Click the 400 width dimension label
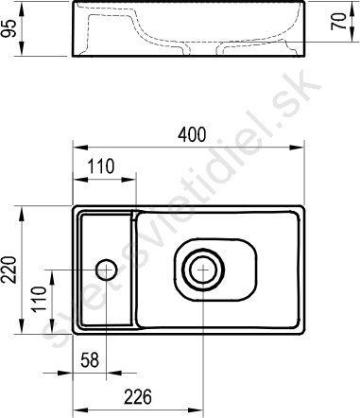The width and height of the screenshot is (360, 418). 192,134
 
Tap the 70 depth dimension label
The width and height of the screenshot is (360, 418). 338,21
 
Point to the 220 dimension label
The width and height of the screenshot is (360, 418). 9,270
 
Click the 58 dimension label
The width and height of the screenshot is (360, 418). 90,360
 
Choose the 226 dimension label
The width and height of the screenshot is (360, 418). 138,397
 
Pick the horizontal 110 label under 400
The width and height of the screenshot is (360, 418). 101,166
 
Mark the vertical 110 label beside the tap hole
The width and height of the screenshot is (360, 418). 40,299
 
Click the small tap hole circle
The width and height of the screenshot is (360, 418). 107,270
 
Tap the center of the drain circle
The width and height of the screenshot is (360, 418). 203,270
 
